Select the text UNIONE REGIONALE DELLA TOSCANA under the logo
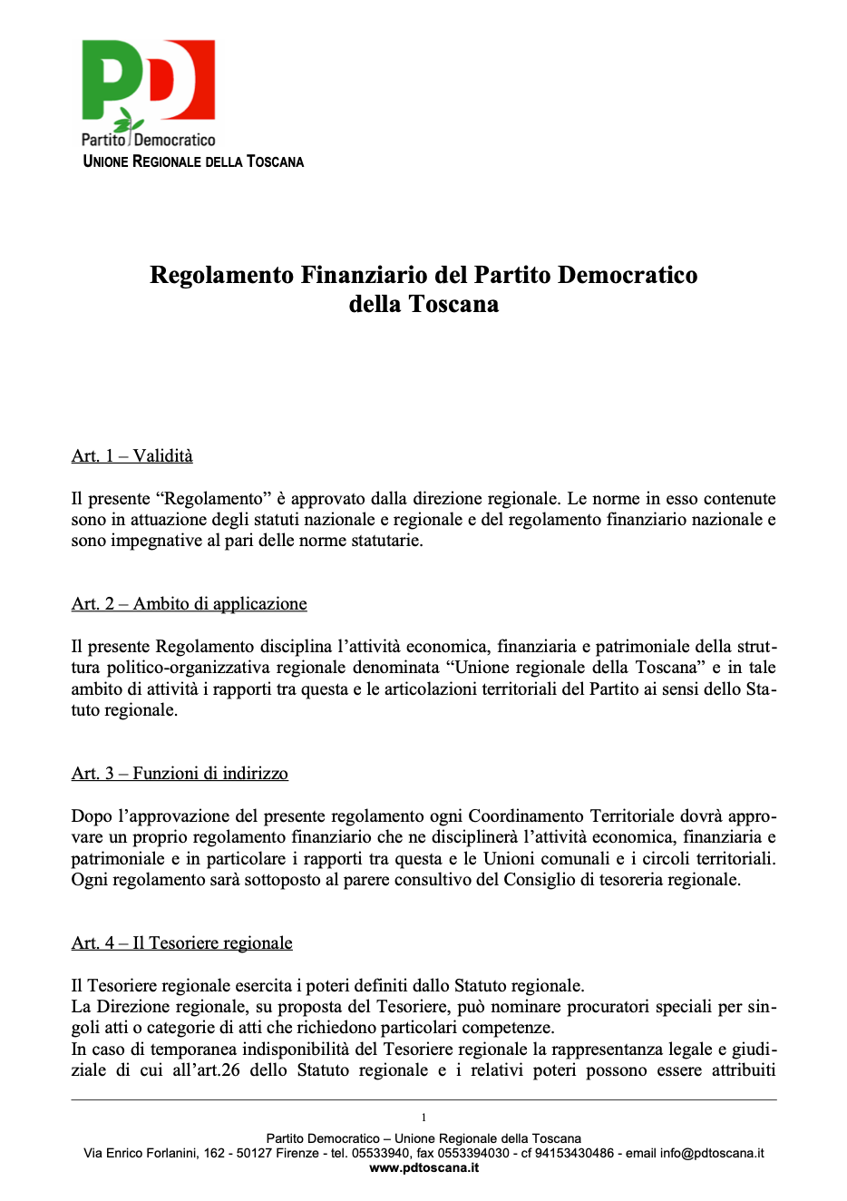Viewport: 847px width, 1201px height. (193, 161)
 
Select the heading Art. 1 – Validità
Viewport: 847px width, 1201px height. (132, 456)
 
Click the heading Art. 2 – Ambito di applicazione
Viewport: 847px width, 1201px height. (189, 604)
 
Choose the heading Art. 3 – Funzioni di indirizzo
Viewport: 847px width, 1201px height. (180, 774)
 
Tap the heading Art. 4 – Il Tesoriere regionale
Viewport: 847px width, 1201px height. (181, 943)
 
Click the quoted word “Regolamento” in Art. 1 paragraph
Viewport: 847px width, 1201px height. (214, 499)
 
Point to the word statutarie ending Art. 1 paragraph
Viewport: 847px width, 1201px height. (382, 541)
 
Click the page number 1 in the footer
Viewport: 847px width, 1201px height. (423, 1118)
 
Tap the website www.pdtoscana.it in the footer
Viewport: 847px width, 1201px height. (423, 1167)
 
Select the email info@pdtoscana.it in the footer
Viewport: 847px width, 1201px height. (712, 1153)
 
